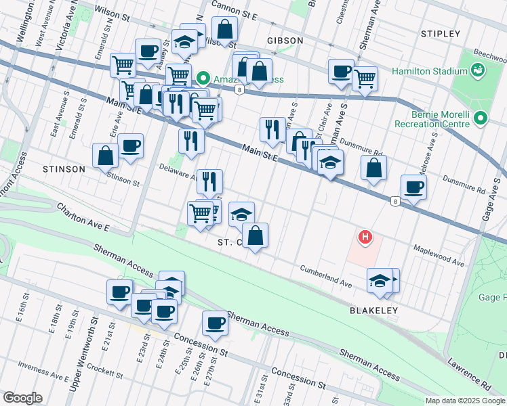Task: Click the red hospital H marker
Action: pos(365,237)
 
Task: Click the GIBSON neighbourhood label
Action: pos(285,41)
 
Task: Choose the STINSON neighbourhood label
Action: pos(63,168)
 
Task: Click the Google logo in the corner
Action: pos(22,398)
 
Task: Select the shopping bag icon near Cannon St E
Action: pos(224,30)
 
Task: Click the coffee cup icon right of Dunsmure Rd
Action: pos(413,187)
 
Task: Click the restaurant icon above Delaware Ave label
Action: pos(191,140)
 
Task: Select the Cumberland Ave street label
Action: pos(327,276)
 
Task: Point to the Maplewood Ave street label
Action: pos(439,255)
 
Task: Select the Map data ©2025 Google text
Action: pos(465,401)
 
